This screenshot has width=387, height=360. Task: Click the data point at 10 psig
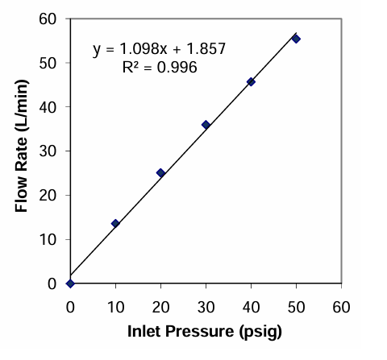(x=115, y=223)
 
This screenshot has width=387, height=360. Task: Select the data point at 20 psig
(x=160, y=173)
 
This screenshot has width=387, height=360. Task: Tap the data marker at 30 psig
(x=206, y=125)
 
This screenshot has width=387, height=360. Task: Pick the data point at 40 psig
(x=251, y=82)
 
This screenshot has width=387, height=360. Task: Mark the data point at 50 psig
(x=296, y=39)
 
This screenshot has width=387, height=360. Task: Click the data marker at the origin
(x=70, y=283)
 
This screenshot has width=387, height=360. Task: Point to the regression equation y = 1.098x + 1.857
(x=159, y=50)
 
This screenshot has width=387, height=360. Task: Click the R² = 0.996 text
(x=160, y=67)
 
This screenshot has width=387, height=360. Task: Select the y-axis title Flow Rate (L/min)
(x=22, y=146)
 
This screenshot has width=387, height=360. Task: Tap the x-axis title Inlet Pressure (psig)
(x=205, y=332)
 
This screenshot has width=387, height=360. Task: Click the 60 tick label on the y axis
(x=48, y=19)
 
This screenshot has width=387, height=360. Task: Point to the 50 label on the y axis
(x=48, y=64)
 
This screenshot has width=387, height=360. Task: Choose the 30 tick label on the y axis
(x=48, y=151)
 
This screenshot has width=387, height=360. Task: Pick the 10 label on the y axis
(x=48, y=239)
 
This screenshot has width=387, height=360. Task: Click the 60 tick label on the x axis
(x=341, y=307)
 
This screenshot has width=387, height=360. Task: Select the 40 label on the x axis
(x=251, y=307)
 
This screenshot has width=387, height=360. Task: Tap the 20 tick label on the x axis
(x=160, y=307)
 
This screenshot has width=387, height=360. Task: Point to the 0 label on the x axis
(x=70, y=307)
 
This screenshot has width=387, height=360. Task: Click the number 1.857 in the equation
(x=206, y=48)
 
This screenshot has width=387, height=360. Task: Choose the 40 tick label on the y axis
(x=48, y=107)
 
